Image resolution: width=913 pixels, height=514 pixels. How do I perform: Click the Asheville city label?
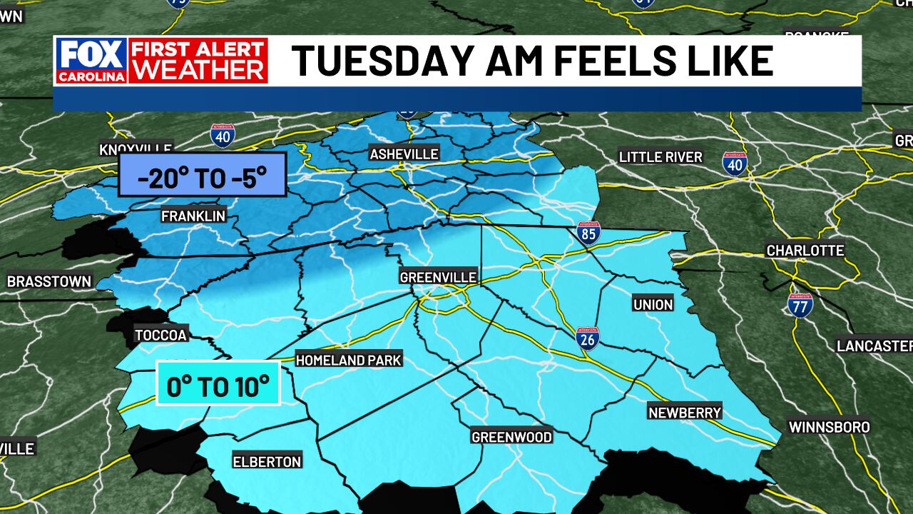point(404,153)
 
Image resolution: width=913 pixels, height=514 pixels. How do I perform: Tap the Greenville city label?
point(437,277)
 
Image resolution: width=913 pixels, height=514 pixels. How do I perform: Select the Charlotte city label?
point(805,251)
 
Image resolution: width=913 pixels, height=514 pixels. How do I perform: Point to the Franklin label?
point(193,216)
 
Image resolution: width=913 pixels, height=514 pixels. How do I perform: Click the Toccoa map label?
point(160,335)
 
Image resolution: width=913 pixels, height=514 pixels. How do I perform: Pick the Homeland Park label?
point(349,360)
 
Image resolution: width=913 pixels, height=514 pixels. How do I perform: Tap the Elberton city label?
point(267,461)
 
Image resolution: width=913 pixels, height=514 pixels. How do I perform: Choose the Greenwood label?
point(511,436)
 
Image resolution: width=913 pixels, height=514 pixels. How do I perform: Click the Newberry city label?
point(685,412)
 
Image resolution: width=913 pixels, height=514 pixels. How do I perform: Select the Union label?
point(653,305)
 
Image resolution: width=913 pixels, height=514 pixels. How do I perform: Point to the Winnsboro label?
point(829,427)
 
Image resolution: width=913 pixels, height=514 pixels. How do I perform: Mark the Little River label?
point(660,157)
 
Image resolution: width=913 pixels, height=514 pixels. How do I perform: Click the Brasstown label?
point(49,281)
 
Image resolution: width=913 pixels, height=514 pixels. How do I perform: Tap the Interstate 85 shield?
point(588,233)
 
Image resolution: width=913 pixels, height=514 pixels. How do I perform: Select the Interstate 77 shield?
point(800,305)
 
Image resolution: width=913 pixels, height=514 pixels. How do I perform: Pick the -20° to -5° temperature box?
point(203,174)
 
